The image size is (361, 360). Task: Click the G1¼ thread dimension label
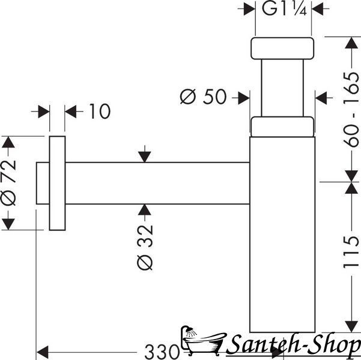[x=284, y=9]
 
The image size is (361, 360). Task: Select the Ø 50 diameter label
[x=203, y=97]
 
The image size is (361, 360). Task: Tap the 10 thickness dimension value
[x=100, y=112]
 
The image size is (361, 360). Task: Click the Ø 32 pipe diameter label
[x=145, y=247]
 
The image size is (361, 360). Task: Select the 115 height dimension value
[x=351, y=252]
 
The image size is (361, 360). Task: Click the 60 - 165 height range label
[x=351, y=110]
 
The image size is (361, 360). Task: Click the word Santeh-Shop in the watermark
[x=293, y=345]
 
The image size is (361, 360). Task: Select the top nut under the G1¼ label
[x=282, y=49]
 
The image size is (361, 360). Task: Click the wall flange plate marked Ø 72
[x=57, y=183]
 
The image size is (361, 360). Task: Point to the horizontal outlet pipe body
[x=157, y=183]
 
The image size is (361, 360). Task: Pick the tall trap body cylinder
[x=282, y=235]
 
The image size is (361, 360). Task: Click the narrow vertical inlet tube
[x=282, y=88]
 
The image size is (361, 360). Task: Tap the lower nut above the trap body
[x=282, y=127]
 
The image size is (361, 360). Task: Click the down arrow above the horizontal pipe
[x=145, y=154]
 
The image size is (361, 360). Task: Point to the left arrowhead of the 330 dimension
[x=43, y=352]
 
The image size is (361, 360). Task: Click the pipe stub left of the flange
[x=43, y=183]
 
